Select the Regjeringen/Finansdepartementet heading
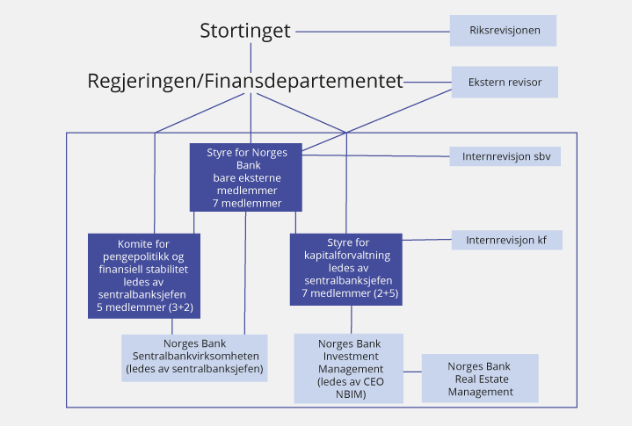[x=244, y=82]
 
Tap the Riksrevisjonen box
[x=502, y=31]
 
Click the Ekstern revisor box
[x=505, y=83]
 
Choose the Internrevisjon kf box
[x=505, y=239]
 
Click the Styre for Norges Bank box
[x=246, y=177]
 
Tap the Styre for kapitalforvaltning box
[x=345, y=269]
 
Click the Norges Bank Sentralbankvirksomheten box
[x=193, y=356]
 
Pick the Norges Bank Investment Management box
[x=348, y=367]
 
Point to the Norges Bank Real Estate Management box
[x=480, y=379]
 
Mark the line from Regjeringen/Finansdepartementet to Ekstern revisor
[x=427, y=83]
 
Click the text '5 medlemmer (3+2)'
[x=144, y=309]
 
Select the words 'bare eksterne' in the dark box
[x=246, y=177]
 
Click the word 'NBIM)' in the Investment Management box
[x=348, y=394]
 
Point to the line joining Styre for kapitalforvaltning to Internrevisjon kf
[x=427, y=240]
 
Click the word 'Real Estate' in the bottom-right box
[x=480, y=379]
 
